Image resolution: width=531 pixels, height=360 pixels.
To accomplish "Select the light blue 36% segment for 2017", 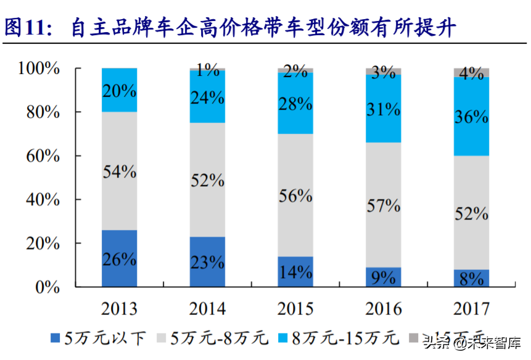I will pyautogui.click(x=471, y=116).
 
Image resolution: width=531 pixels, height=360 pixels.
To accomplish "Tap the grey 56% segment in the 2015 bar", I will pyautogui.click(x=295, y=195).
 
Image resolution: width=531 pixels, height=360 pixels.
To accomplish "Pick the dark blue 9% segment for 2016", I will pyautogui.click(x=383, y=277).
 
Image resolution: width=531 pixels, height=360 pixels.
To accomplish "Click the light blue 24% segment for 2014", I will pyautogui.click(x=207, y=97).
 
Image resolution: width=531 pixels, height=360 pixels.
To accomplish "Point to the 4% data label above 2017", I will pyautogui.click(x=471, y=73).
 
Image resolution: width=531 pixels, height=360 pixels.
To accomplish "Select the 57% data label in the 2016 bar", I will pyautogui.click(x=383, y=205).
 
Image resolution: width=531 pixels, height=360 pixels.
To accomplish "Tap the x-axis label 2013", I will pyautogui.click(x=119, y=308).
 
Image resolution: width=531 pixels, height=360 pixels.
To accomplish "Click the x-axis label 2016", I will pyautogui.click(x=383, y=308).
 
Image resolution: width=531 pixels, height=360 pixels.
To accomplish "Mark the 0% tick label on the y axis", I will pyautogui.click(x=47, y=287).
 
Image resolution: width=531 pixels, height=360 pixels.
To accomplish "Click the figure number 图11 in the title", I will pyautogui.click(x=28, y=27).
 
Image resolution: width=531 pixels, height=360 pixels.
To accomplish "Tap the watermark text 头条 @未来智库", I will pyautogui.click(x=472, y=342).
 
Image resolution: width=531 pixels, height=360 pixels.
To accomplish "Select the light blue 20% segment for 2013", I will pyautogui.click(x=119, y=90).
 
